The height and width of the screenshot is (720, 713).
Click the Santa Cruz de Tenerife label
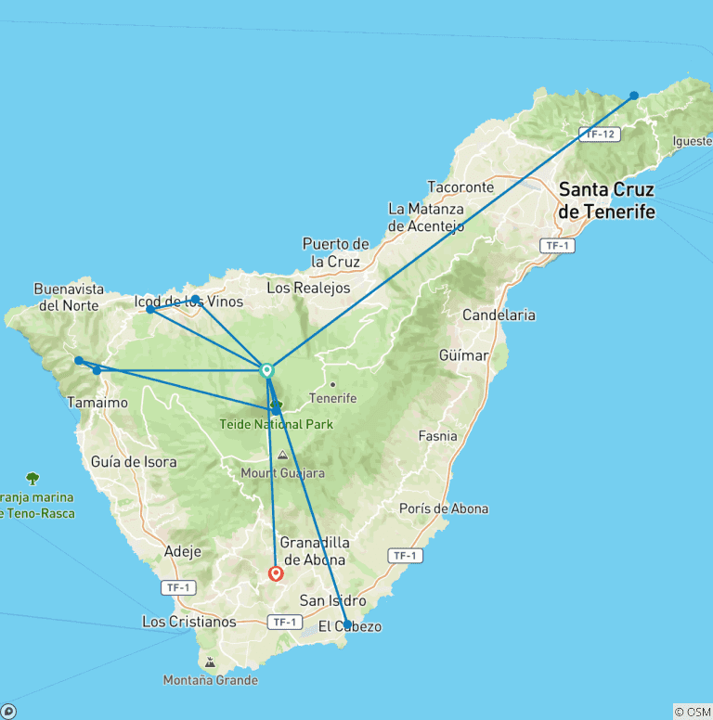pos(606,200)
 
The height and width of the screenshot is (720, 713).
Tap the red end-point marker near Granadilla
pos(276,573)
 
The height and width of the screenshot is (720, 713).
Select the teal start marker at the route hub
pos(267,370)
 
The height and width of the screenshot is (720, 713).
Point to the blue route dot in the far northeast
pos(634,96)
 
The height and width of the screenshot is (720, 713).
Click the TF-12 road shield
pos(599,135)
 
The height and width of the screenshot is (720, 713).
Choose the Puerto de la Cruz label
pos(336,252)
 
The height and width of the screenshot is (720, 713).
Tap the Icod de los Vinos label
pos(189,302)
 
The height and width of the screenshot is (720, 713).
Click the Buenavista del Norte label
pos(70,297)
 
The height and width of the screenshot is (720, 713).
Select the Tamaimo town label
pos(92,403)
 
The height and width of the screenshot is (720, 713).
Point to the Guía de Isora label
pos(134,461)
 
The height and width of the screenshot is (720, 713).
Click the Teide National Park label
pos(276,424)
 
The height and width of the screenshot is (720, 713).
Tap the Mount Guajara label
pos(283,473)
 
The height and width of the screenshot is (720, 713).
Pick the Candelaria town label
pos(499,315)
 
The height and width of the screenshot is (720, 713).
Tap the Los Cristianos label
pos(189,621)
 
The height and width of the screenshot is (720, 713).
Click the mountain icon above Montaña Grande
pos(210,662)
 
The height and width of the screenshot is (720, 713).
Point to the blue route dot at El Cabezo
pos(346,624)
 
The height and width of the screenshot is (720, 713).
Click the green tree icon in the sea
pos(33,478)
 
